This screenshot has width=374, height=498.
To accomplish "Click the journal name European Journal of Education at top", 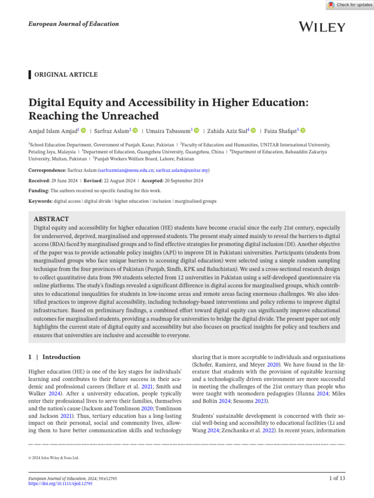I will (x=73, y=24).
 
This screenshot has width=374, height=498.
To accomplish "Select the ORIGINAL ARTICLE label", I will (x=65, y=74).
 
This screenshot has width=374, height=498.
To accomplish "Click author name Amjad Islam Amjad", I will (x=54, y=131).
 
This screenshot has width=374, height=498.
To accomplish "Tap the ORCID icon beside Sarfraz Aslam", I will (x=135, y=130).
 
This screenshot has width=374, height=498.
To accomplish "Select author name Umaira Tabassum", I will (x=168, y=131).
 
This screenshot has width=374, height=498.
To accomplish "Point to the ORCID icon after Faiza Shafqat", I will (x=303, y=130).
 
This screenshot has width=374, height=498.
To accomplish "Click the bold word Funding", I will (x=38, y=191).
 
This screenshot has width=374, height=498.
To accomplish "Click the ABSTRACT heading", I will (x=51, y=219).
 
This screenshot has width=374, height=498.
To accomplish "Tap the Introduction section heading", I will (x=61, y=357).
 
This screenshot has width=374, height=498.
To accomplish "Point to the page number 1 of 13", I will (x=337, y=479).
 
